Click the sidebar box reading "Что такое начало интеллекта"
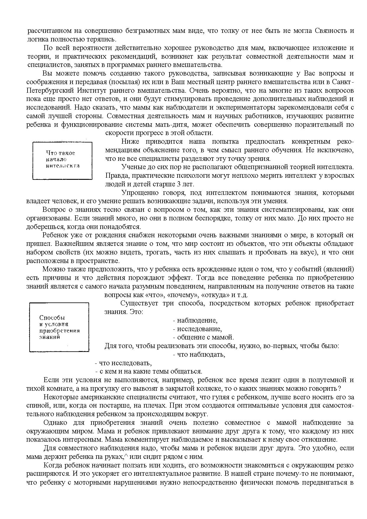pos(62,161)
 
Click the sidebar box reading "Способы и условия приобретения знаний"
pos(59,327)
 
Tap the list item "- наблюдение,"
pos(195,321)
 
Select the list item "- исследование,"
pos(197,329)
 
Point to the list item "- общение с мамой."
pos(203,337)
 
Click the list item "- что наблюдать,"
pos(199,355)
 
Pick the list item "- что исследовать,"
pos(123,363)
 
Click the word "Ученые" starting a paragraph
pos(132,167)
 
